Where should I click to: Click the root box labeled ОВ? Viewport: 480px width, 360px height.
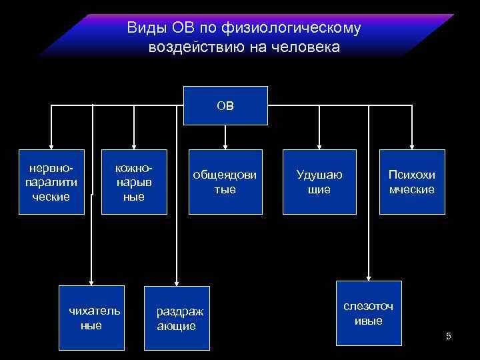225,105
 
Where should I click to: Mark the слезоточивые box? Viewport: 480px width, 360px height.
369,313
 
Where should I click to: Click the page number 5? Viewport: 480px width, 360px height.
449,336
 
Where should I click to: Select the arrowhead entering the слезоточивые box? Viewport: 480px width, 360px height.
369,276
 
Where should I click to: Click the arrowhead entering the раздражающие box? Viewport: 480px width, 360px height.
177,281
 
